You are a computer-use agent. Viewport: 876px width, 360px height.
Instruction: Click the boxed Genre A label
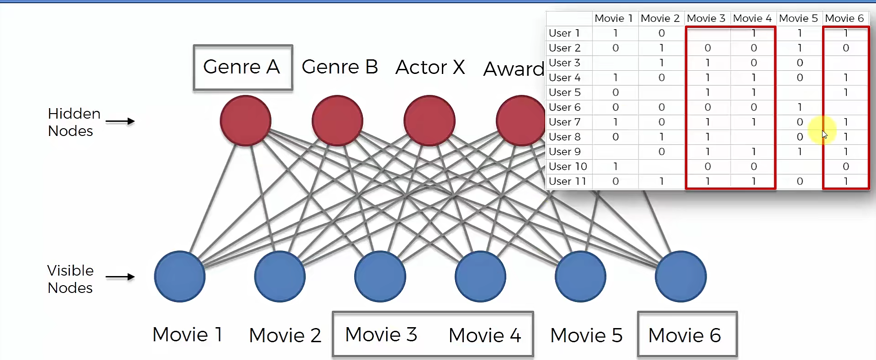(x=242, y=67)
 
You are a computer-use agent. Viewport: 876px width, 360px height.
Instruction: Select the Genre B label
(x=340, y=67)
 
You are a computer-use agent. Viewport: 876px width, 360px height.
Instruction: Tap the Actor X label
(x=430, y=68)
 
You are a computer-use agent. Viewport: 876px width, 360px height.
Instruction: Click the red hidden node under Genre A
(x=246, y=121)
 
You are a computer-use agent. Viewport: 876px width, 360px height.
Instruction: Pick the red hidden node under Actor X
(x=429, y=121)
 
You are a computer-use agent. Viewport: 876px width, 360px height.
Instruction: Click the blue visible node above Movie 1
(x=180, y=277)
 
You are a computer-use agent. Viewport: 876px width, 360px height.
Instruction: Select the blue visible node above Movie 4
(x=480, y=277)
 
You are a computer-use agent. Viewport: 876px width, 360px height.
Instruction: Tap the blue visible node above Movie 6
(x=681, y=277)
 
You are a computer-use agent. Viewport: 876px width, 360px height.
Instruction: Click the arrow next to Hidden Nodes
(x=120, y=121)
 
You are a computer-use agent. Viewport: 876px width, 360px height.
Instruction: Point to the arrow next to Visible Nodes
(x=120, y=277)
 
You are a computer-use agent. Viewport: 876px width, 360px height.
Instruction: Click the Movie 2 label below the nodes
(x=285, y=335)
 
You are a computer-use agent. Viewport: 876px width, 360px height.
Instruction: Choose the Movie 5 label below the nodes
(x=586, y=335)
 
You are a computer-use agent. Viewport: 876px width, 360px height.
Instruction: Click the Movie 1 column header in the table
(x=614, y=18)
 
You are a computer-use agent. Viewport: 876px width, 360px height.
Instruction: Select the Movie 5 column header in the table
(x=798, y=18)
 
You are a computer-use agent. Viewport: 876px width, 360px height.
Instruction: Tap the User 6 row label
(x=565, y=107)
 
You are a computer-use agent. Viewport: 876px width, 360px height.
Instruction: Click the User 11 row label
(x=567, y=181)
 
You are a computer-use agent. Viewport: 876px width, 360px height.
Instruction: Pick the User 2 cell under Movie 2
(x=661, y=48)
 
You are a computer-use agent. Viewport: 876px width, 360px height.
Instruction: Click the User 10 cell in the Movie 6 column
(x=846, y=167)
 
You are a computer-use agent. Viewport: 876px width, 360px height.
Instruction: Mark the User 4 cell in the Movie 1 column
(x=615, y=78)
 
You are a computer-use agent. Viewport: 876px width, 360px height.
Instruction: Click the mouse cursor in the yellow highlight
(x=824, y=134)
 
